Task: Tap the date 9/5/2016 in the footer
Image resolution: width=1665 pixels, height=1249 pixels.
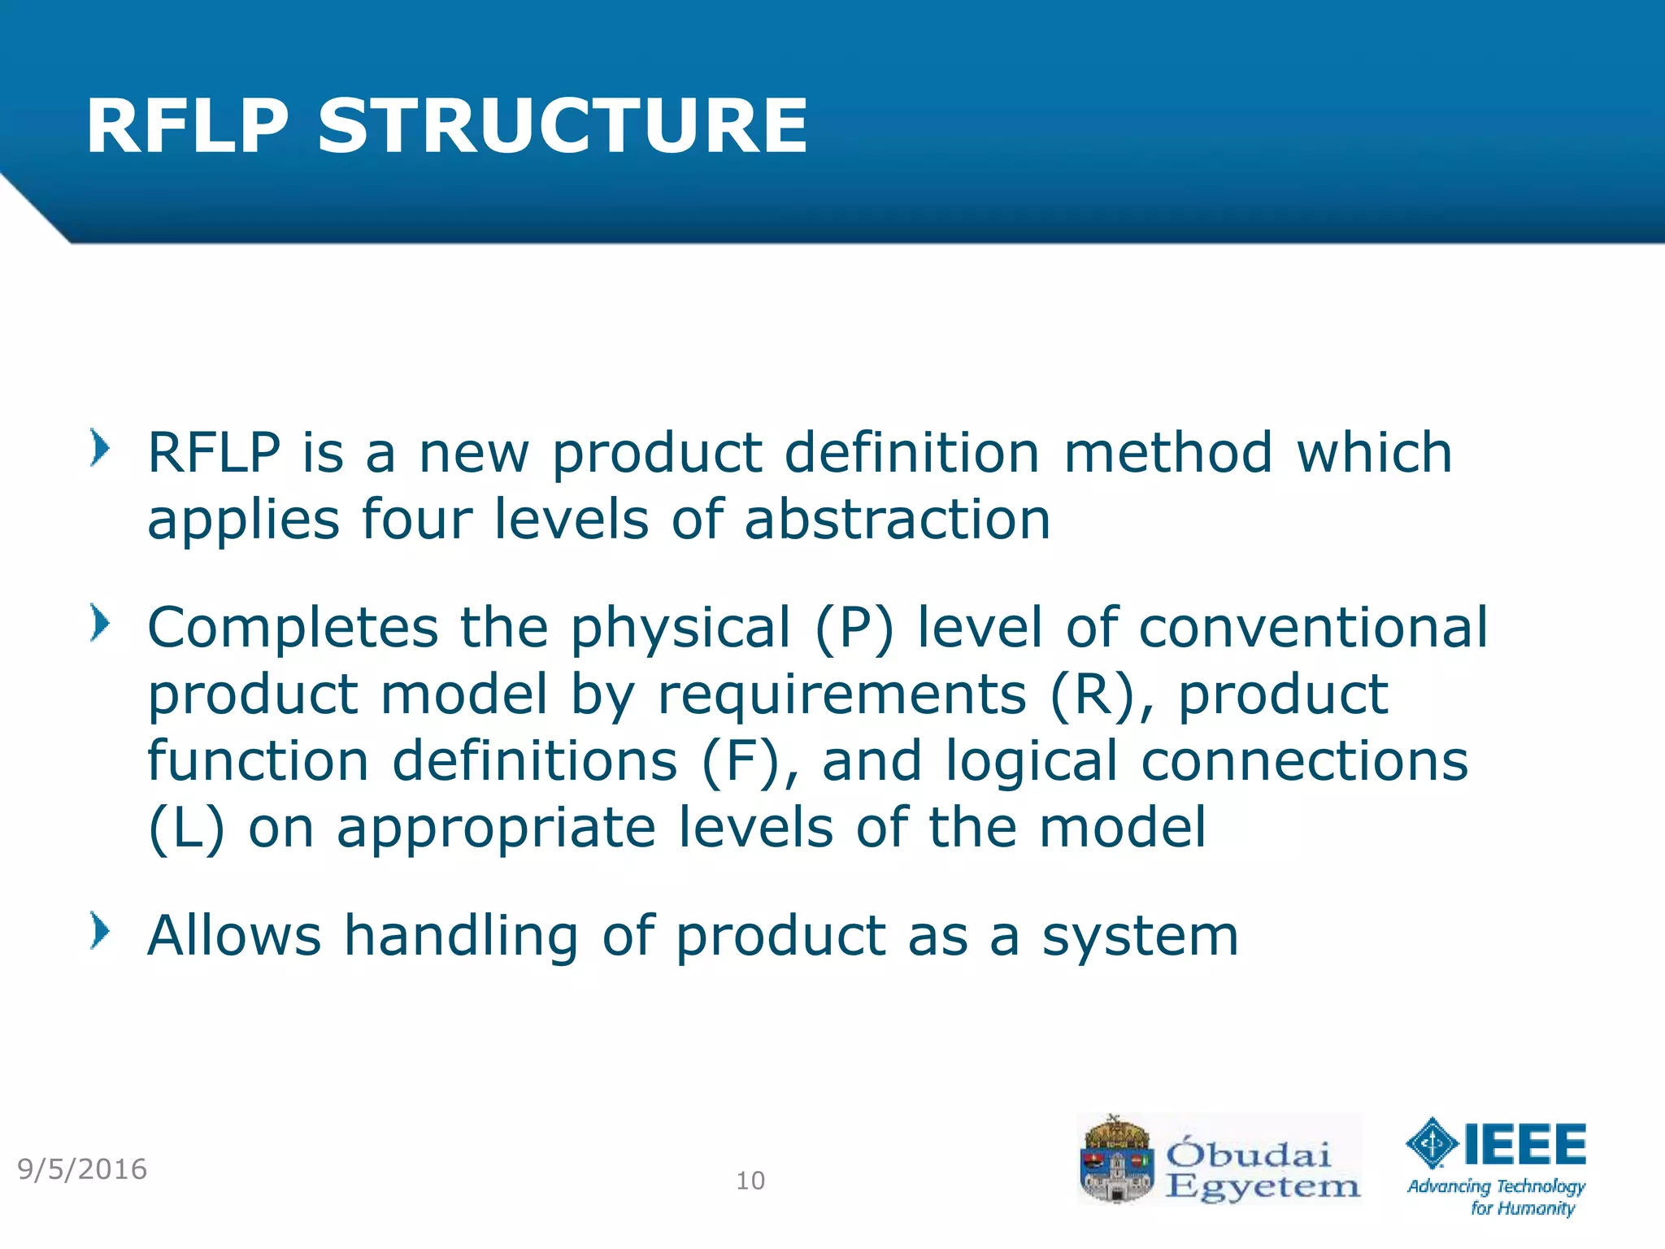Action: click(x=82, y=1169)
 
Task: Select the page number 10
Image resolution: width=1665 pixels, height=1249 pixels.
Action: click(x=750, y=1181)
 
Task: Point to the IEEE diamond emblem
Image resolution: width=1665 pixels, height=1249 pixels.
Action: click(x=1432, y=1143)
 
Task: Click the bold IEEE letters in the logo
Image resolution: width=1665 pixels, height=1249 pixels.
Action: click(x=1525, y=1143)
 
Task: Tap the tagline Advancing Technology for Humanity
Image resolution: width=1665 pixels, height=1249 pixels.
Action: click(x=1497, y=1197)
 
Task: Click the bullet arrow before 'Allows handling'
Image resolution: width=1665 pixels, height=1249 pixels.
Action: click(x=99, y=931)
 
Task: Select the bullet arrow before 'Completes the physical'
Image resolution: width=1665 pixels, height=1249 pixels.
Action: click(x=99, y=624)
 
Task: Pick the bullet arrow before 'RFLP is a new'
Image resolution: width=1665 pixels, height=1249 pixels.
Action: click(x=99, y=448)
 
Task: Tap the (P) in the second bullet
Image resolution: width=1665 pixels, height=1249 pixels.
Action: click(x=854, y=628)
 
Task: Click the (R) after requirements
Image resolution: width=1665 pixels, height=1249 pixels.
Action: click(x=1092, y=694)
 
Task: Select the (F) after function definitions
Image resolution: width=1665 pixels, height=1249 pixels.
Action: click(x=740, y=761)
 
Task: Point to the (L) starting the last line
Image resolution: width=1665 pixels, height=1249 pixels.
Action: click(x=185, y=828)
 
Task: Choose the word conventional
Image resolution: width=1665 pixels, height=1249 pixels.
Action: click(x=1313, y=628)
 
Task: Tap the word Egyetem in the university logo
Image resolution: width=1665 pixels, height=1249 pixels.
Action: click(x=1263, y=1186)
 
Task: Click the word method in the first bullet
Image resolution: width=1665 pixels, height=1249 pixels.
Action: click(x=1167, y=452)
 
